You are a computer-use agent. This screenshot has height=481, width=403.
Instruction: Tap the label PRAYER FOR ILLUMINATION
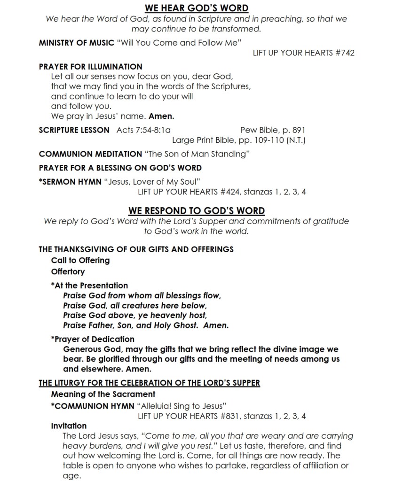(90, 67)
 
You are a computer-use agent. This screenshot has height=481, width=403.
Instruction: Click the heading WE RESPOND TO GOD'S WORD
(196, 211)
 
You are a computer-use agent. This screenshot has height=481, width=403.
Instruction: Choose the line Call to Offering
(80, 260)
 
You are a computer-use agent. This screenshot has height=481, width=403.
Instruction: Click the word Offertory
(68, 272)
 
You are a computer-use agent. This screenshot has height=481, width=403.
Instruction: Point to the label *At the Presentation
(89, 286)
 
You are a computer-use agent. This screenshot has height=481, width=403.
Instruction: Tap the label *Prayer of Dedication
(93, 339)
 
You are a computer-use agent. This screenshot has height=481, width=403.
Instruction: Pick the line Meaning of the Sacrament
(103, 394)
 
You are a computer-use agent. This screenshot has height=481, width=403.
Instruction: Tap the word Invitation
(69, 426)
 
